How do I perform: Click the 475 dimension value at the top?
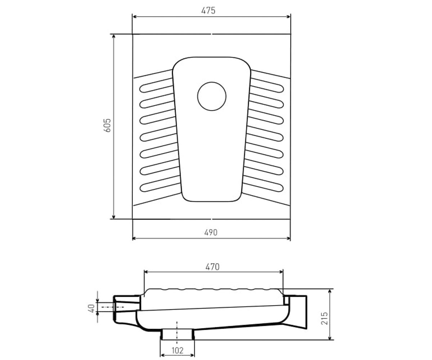208,10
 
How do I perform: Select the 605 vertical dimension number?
107,125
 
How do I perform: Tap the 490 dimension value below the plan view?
211,233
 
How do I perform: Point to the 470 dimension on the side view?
212,267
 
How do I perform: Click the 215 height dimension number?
324,318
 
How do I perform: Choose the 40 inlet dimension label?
91,308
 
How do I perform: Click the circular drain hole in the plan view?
212,96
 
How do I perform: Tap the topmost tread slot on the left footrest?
156,86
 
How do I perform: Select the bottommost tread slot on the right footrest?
263,185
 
